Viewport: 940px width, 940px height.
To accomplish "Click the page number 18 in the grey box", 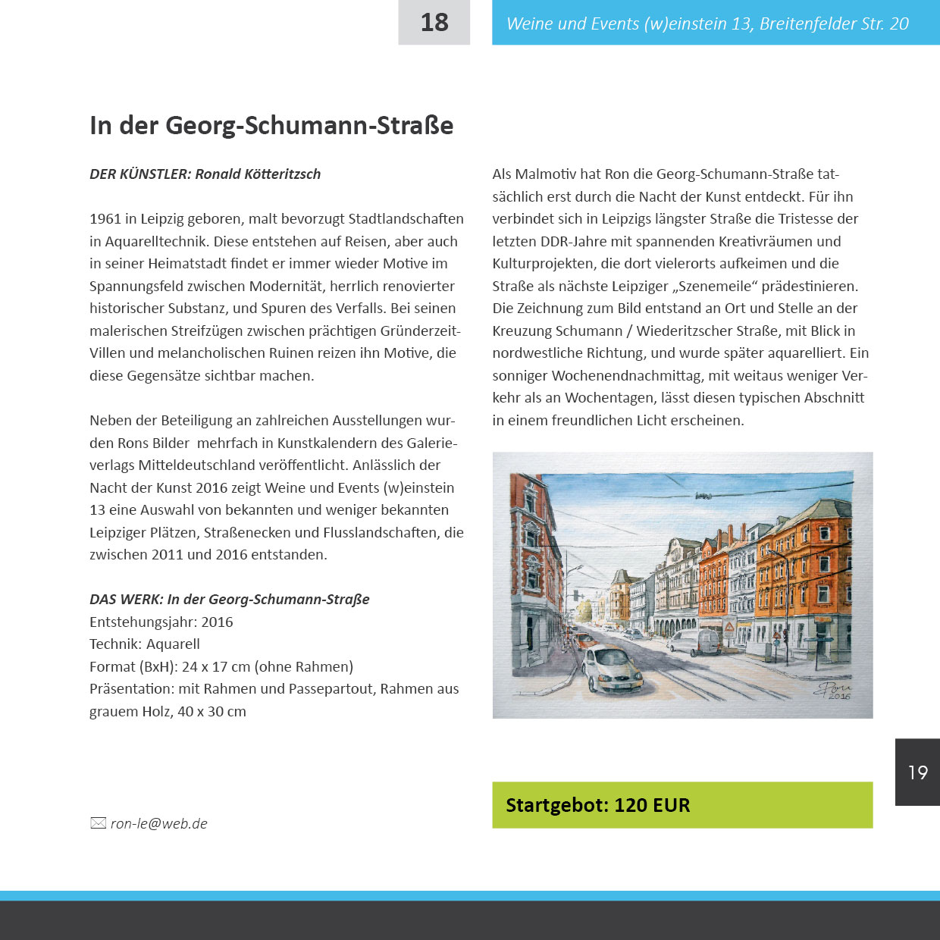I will point(434,23).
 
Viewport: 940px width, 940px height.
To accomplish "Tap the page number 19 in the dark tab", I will point(917,772).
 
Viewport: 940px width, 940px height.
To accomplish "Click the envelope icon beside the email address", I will point(98,823).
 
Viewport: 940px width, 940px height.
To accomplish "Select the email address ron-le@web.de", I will point(159,824).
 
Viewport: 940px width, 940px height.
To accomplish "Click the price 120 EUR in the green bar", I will point(652,805).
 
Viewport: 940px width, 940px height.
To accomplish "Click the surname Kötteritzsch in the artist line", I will point(283,174).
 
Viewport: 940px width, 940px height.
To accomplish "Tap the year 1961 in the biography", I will point(105,219).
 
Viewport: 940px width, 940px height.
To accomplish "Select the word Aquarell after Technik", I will point(173,644).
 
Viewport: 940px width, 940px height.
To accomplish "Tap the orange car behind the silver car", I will point(584,641).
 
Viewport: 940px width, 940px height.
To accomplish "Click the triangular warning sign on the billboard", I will point(728,627).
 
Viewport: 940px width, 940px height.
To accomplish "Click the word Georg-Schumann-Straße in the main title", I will point(309,126).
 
